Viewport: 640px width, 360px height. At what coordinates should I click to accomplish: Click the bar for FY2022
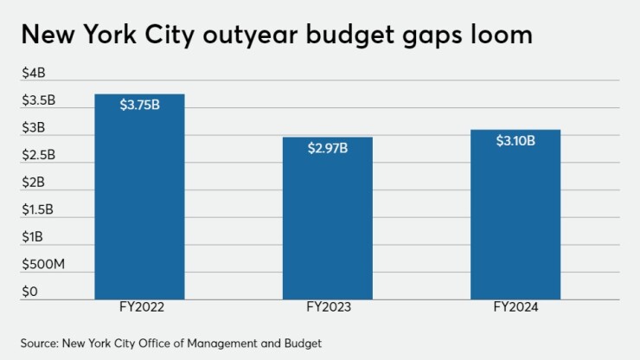(139, 199)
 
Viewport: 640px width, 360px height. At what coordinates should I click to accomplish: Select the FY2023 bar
(328, 221)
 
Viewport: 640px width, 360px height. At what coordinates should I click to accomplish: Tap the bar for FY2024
(515, 216)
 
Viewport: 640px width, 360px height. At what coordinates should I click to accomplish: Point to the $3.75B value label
(139, 105)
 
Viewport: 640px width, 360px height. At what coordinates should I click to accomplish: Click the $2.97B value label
(328, 148)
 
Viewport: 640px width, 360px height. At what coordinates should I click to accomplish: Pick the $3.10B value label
(515, 140)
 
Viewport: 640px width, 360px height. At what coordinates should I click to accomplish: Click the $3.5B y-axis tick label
(38, 101)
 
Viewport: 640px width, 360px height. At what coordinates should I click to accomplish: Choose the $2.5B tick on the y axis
(38, 156)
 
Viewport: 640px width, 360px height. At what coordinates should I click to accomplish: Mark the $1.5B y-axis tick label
(38, 209)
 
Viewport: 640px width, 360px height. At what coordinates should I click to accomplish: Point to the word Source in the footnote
(39, 344)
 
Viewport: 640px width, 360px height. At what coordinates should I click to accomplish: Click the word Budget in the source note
(303, 344)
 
